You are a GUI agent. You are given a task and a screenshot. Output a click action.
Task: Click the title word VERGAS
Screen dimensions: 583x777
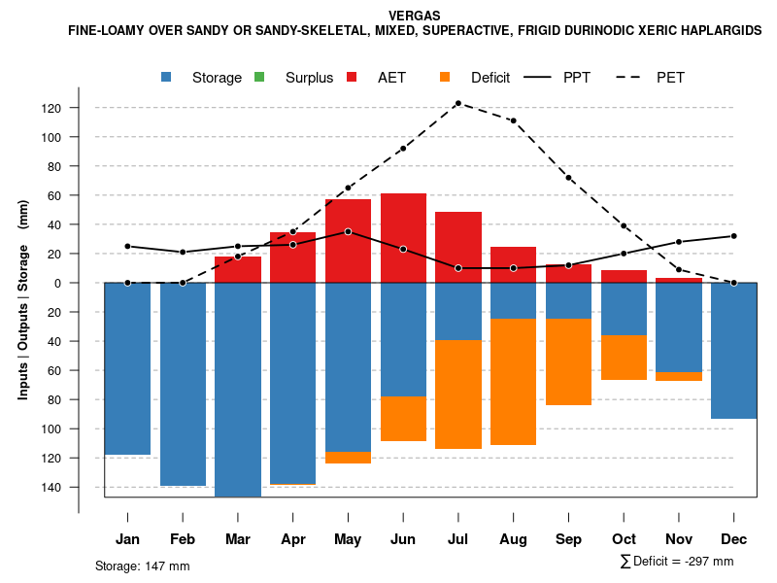click(x=414, y=16)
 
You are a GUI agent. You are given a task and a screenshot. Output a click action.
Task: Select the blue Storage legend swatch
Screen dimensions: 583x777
click(x=168, y=77)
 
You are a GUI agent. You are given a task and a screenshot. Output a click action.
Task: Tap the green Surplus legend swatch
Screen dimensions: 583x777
click(x=259, y=77)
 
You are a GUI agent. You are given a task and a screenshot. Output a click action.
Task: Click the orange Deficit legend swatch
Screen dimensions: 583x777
click(x=445, y=77)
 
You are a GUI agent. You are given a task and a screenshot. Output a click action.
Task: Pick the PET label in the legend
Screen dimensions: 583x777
click(x=670, y=78)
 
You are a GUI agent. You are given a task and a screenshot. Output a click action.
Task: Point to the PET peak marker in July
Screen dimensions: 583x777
click(x=457, y=103)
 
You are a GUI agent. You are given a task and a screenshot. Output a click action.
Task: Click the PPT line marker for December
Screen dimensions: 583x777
click(x=733, y=236)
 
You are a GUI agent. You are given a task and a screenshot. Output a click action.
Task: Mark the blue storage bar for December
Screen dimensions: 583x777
click(x=733, y=351)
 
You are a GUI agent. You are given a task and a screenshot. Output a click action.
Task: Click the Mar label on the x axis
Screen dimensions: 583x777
click(x=238, y=539)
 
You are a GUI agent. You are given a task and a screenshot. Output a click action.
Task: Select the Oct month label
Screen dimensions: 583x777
click(x=624, y=539)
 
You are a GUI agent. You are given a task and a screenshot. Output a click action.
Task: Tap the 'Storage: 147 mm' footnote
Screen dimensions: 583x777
click(x=142, y=566)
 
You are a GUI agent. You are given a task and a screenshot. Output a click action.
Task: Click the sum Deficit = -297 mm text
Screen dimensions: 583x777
click(x=676, y=562)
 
